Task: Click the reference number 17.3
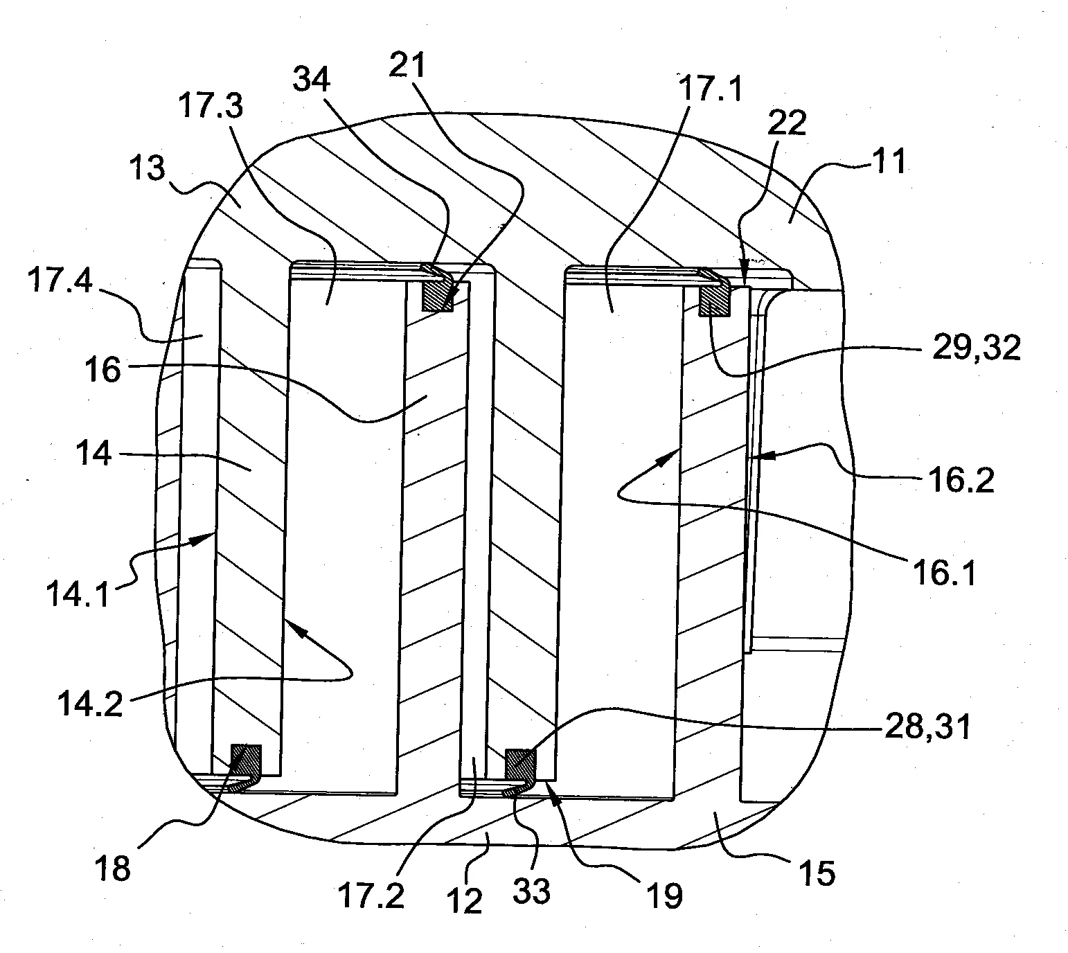click(211, 105)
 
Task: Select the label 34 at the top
click(312, 80)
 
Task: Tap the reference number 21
click(407, 65)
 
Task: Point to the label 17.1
click(711, 88)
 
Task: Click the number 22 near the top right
click(787, 123)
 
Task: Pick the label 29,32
click(977, 348)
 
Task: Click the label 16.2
click(961, 479)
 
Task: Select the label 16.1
click(945, 573)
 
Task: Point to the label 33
click(531, 891)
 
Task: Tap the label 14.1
click(78, 594)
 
